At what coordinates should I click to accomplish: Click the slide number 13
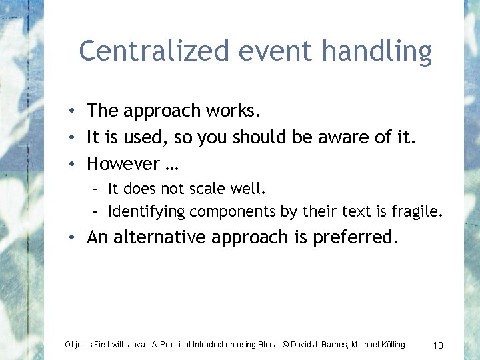tap(438, 345)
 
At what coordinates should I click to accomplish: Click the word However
tap(123, 163)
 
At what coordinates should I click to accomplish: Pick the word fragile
tap(417, 212)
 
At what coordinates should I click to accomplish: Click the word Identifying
tap(146, 212)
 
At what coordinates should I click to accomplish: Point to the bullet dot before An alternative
tap(78, 238)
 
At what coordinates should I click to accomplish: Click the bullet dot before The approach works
tap(78, 111)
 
